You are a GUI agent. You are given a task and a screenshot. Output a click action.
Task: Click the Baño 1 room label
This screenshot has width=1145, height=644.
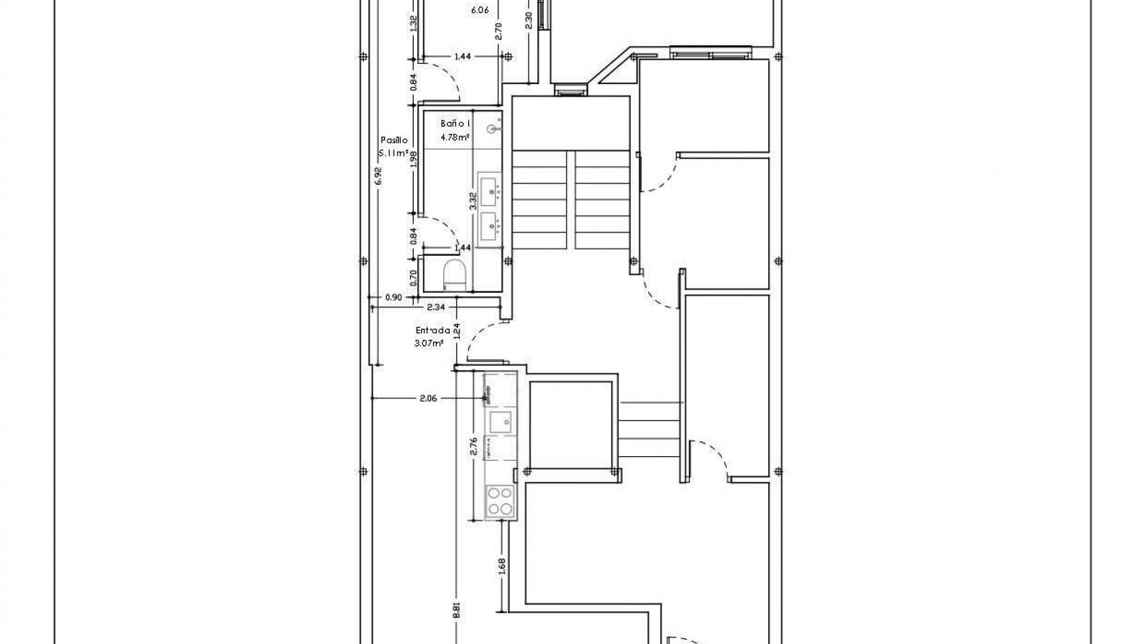click(456, 124)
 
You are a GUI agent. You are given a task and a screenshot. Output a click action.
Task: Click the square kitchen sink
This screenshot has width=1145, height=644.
click(500, 422)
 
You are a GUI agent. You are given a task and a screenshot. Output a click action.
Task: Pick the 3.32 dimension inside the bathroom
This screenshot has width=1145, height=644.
click(472, 200)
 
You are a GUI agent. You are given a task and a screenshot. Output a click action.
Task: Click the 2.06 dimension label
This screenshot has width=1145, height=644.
click(428, 398)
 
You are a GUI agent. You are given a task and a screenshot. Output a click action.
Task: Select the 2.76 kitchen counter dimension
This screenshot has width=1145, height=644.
click(474, 446)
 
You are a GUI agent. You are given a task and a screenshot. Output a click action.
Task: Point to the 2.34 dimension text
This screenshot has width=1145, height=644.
click(436, 308)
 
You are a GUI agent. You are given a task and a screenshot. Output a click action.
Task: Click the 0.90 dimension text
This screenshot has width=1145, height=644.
click(394, 297)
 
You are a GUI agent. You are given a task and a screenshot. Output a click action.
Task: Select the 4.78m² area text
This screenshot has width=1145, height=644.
click(455, 137)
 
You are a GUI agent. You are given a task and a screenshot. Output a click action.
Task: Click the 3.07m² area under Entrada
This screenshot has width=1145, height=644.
click(429, 343)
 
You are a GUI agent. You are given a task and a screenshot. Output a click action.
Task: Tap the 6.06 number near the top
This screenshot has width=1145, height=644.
click(480, 10)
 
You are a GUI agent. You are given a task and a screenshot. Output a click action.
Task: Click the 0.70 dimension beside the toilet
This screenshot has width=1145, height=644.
click(413, 275)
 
